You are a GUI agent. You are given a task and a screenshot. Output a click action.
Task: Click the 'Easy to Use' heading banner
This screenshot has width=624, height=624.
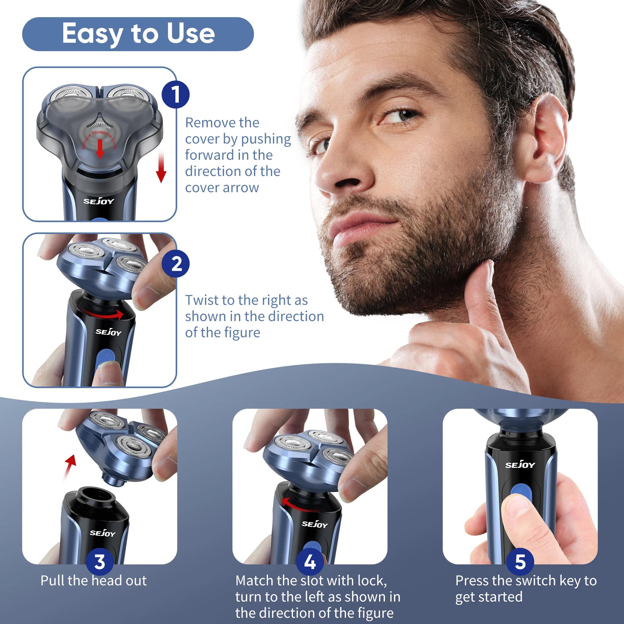click(x=138, y=34)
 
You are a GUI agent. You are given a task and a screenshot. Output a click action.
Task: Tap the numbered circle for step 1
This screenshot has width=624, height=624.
click(x=175, y=94)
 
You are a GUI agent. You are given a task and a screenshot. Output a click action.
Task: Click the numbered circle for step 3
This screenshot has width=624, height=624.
click(x=100, y=562)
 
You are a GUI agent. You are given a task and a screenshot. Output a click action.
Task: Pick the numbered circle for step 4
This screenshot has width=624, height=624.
click(x=310, y=562)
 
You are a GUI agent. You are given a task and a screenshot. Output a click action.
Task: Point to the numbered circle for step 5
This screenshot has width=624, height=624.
click(x=520, y=562)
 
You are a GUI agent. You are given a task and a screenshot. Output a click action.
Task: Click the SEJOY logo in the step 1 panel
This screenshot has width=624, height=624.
click(x=99, y=201)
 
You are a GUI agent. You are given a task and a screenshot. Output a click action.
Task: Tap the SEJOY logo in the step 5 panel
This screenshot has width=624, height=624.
click(x=520, y=465)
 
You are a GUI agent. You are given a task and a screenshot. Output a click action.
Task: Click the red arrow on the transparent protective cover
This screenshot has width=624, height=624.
click(x=100, y=149)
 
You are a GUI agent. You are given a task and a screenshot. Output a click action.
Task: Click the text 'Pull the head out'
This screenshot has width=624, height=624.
click(x=93, y=581)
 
